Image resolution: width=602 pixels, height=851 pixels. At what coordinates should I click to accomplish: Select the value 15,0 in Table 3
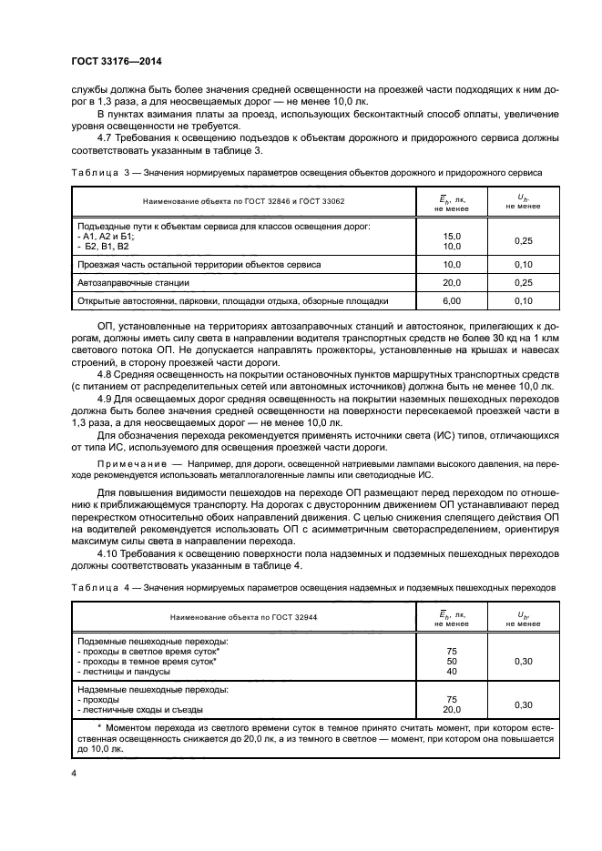[x=451, y=236]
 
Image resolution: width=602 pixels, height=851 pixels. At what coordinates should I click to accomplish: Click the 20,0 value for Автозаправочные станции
[x=451, y=283]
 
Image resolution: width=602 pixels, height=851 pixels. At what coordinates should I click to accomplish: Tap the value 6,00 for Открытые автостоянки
[x=451, y=300]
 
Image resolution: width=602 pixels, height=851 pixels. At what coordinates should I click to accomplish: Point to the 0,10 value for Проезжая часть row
[x=523, y=264]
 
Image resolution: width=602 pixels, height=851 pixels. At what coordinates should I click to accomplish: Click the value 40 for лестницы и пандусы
[x=451, y=672]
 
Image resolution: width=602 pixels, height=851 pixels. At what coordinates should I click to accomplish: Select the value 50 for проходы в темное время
[x=451, y=662]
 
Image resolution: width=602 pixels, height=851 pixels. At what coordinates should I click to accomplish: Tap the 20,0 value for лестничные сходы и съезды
[x=451, y=710]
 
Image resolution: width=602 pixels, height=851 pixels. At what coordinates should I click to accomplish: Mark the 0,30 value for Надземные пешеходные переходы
[x=523, y=704]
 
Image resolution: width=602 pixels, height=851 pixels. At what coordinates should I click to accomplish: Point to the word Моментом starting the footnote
[x=115, y=730]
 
